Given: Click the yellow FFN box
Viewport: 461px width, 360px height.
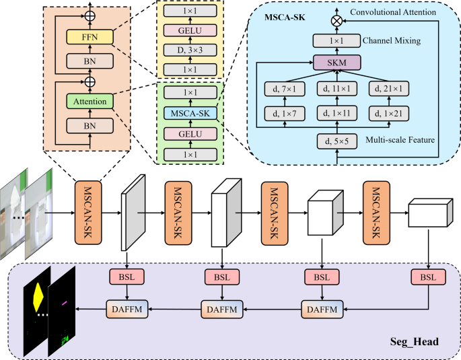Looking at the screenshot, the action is pyautogui.click(x=90, y=37).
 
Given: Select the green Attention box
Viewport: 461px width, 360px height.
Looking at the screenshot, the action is pyautogui.click(x=90, y=102).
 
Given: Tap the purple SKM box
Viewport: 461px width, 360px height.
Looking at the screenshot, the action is pyautogui.click(x=337, y=63).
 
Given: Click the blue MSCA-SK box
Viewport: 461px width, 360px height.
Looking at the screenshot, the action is pyautogui.click(x=190, y=113).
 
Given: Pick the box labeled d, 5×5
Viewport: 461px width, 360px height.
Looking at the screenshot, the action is pyautogui.click(x=337, y=141).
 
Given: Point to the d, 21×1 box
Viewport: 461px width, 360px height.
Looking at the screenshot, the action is pyautogui.click(x=389, y=88).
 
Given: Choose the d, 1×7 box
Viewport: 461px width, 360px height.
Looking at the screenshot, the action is pyautogui.click(x=285, y=114).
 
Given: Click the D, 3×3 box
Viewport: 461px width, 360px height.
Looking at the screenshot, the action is pyautogui.click(x=190, y=50).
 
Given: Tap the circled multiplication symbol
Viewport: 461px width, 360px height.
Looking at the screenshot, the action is pyautogui.click(x=337, y=21).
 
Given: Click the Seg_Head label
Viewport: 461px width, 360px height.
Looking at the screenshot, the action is pyautogui.click(x=415, y=341).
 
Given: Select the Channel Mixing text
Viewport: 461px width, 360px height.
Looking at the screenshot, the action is pyautogui.click(x=392, y=40).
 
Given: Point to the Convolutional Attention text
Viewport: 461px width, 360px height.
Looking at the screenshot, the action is pyautogui.click(x=393, y=12).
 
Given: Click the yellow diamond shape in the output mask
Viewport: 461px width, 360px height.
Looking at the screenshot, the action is pyautogui.click(x=38, y=297).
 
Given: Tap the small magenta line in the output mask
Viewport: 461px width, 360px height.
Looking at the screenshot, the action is pyautogui.click(x=65, y=303).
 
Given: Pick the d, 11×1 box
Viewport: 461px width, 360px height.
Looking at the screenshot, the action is pyautogui.click(x=337, y=88).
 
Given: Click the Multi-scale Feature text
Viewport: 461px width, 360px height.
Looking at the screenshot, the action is pyautogui.click(x=400, y=139).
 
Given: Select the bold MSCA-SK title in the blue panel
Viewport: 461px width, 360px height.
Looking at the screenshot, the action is pyautogui.click(x=285, y=17).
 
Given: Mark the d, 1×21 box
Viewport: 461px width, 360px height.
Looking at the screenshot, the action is pyautogui.click(x=389, y=114).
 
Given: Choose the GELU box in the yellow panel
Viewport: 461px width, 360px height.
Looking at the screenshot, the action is pyautogui.click(x=190, y=30).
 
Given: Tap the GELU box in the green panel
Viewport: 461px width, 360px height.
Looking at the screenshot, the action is pyautogui.click(x=190, y=134).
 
